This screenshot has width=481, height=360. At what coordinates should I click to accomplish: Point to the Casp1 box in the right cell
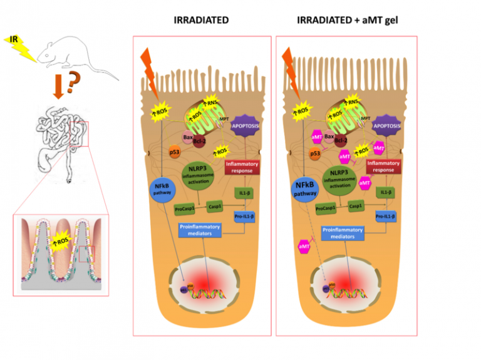pyautogui.click(x=356, y=206)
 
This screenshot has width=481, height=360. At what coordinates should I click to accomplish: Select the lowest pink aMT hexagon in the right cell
pyautogui.click(x=305, y=249)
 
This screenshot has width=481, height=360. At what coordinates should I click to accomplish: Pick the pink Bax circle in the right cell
pyautogui.click(x=327, y=136)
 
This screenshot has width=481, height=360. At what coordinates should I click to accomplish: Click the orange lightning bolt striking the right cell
pyautogui.click(x=289, y=66)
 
